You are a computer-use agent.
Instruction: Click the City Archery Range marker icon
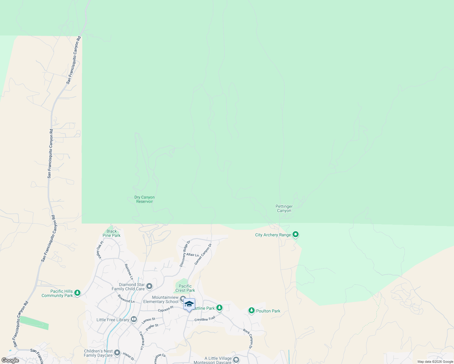[295, 234]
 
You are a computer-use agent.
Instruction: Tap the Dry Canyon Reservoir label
[144, 199]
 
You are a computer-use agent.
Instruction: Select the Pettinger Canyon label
[284, 209]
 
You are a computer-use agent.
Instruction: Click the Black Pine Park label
[111, 233]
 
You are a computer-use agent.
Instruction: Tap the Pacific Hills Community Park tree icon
[77, 293]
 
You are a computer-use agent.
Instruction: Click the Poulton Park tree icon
[251, 311]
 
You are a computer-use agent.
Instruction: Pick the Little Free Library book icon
[134, 319]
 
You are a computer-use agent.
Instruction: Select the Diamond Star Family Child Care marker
[149, 286]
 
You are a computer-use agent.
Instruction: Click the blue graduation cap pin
[189, 304]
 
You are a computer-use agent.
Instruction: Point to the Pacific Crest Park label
[185, 288]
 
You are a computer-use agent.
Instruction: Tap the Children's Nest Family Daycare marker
[117, 353]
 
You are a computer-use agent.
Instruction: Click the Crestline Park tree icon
[219, 308]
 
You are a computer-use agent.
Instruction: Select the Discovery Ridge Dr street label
[185, 254]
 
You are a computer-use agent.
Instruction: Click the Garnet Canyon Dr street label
[203, 254]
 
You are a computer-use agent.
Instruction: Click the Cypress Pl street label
[165, 309]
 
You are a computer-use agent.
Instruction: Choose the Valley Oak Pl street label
[100, 250]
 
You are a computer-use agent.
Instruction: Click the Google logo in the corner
[10, 360]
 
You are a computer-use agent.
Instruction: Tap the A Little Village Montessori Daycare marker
[236, 360]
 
